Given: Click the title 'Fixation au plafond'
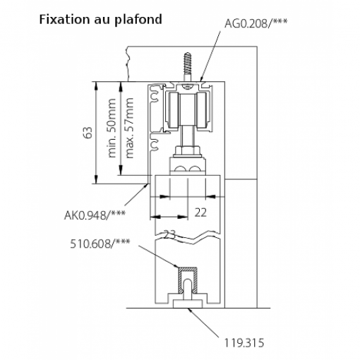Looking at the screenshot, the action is [x=100, y=20].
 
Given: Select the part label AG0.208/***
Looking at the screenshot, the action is [x=256, y=23].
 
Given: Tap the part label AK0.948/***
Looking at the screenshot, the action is [x=95, y=215].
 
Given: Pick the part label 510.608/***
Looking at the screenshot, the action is [x=100, y=244].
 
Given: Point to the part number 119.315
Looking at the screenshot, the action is [x=244, y=343].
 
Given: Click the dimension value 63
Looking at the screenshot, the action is [x=88, y=133].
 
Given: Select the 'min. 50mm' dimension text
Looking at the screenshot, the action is [x=112, y=128].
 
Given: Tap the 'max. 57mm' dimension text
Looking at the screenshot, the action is [x=129, y=128].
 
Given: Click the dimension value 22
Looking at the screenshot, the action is [x=200, y=212].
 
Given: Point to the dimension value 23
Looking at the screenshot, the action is [x=169, y=234].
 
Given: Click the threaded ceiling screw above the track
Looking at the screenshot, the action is [x=187, y=67].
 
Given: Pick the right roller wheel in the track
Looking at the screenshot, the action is [x=202, y=111].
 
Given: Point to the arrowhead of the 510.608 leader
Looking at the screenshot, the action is [x=176, y=266].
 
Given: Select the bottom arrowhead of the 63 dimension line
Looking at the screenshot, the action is [x=96, y=179].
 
